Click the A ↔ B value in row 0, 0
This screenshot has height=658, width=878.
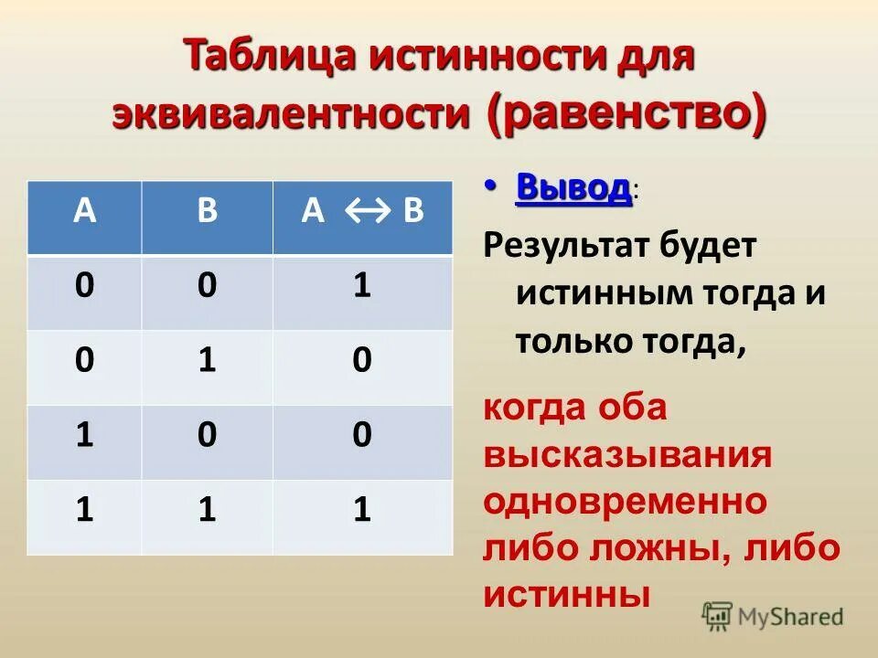pos(362,287)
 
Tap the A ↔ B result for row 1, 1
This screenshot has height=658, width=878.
pos(362,510)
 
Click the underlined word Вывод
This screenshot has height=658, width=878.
pos(573,188)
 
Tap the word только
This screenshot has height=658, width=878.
pos(562,341)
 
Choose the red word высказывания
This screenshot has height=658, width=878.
pos(627,455)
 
